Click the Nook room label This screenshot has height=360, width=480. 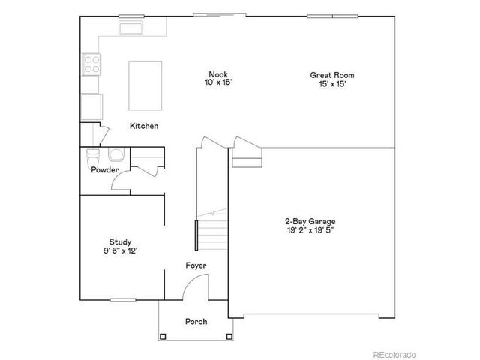pos(217,73)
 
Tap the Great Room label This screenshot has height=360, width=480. pos(331,74)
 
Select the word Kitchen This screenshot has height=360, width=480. pos(144,126)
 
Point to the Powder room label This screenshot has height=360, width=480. pos(105,170)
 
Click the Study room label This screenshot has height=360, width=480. pos(121,241)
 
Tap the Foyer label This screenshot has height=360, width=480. pos(196,265)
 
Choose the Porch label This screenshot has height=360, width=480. pos(196,321)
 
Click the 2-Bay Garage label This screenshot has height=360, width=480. pos(310,221)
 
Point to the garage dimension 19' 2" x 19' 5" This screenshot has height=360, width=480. pos(310,231)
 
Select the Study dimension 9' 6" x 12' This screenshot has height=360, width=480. pos(121,251)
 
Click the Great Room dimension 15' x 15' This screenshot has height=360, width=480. pos(331,84)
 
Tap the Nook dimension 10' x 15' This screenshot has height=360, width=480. pos(217,83)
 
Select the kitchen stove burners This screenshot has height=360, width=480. pos(91,64)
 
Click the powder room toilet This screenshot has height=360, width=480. pos(93,157)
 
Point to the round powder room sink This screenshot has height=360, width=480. pos(116,156)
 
